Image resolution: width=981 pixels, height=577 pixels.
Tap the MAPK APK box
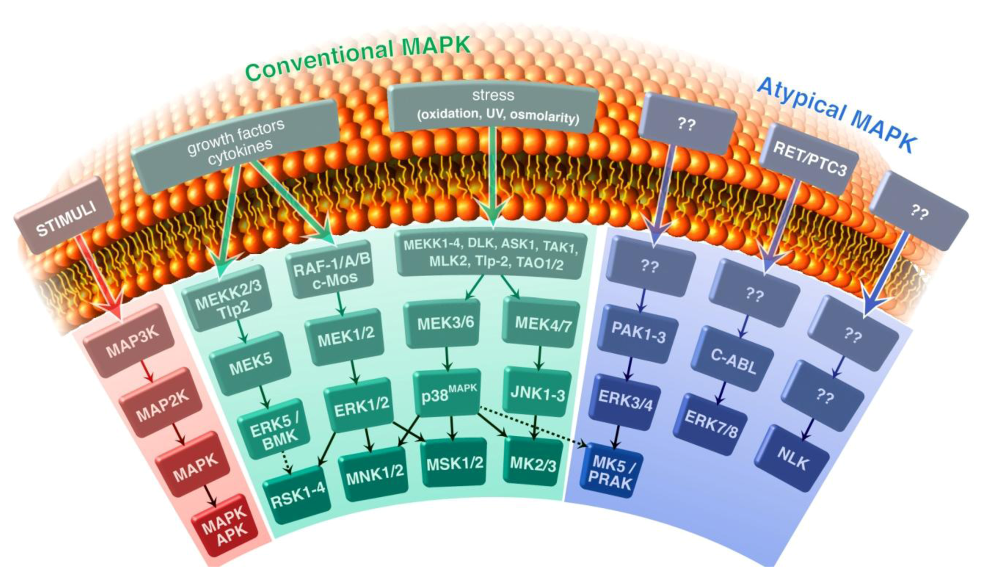225,526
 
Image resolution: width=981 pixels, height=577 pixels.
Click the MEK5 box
250,363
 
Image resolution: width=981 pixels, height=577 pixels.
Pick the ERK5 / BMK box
274,429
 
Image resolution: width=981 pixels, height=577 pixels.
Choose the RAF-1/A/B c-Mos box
331,272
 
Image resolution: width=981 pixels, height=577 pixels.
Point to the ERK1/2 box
361,405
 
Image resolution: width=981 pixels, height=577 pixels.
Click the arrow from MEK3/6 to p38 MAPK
447,359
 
